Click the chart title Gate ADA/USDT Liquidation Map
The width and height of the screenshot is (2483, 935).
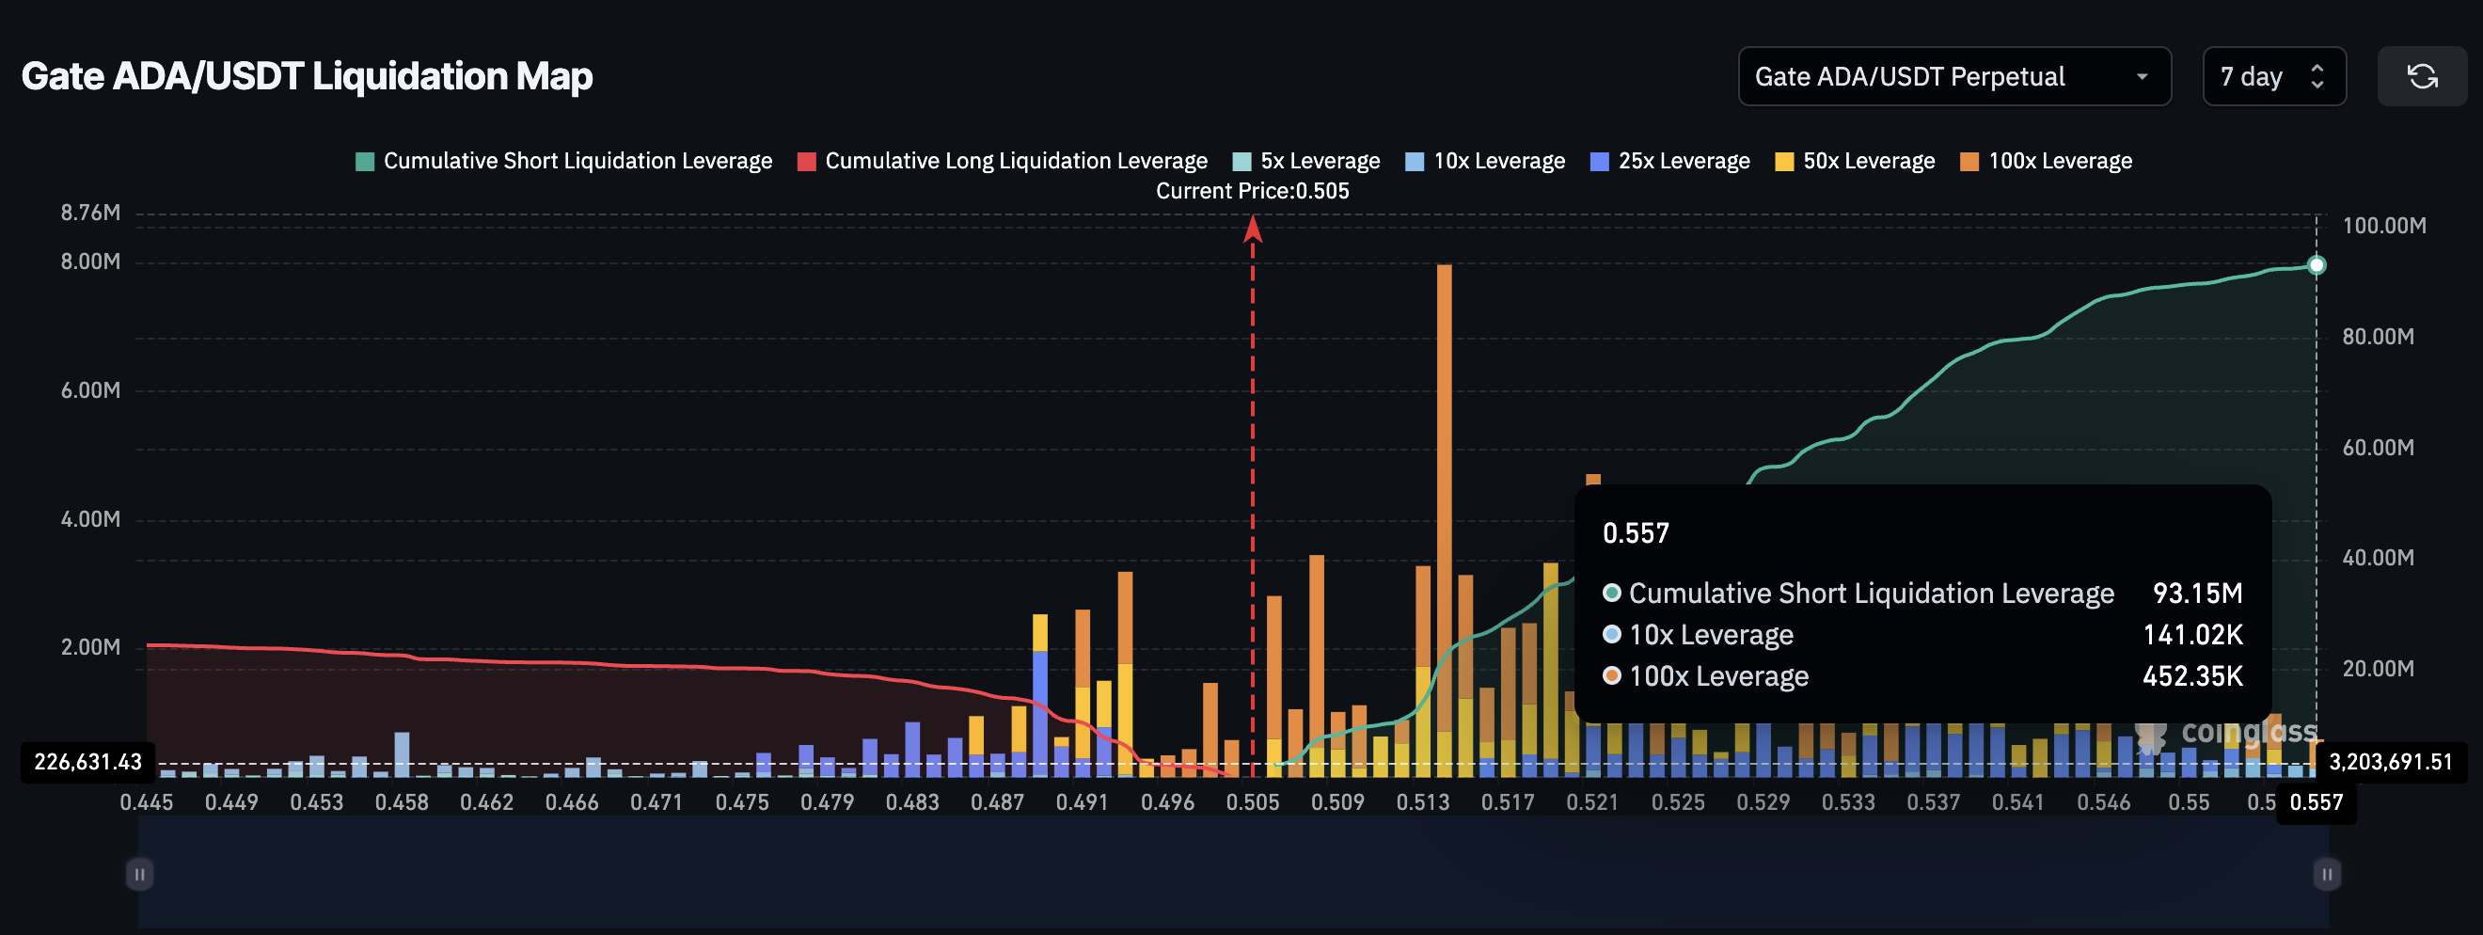point(307,76)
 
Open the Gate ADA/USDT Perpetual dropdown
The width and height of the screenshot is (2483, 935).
point(1953,76)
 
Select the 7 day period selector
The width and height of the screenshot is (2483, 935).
point(2273,76)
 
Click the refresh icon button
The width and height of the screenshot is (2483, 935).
point(2421,76)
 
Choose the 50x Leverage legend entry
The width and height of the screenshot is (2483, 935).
point(1855,161)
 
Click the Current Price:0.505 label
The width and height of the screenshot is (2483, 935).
point(1252,191)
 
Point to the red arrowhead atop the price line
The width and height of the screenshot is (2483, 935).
point(1252,229)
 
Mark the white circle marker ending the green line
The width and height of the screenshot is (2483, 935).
point(2317,265)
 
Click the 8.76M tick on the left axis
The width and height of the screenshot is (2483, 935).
point(90,213)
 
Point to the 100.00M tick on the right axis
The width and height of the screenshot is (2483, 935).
point(2383,226)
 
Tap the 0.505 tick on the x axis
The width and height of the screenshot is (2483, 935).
point(1252,802)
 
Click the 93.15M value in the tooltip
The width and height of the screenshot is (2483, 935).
point(2197,593)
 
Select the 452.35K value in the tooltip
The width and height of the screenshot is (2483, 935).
point(2191,675)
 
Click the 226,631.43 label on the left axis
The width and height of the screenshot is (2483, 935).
point(87,762)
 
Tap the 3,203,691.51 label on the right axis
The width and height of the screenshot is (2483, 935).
point(2390,762)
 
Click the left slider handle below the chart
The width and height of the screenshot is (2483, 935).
point(140,874)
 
